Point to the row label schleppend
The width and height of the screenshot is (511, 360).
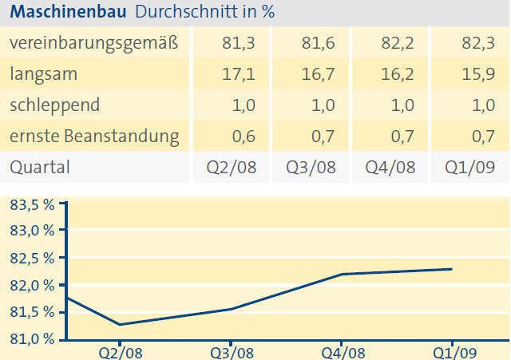point(54,105)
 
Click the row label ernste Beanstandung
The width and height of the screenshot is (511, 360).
point(93,136)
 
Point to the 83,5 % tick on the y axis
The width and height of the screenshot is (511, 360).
point(32,204)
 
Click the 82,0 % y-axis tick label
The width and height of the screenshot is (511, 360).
point(32,285)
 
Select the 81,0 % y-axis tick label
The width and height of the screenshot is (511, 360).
point(32,338)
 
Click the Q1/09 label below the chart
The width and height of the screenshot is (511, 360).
point(452,351)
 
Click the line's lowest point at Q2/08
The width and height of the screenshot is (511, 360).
point(120,324)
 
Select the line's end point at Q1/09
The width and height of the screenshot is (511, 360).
point(452,269)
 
